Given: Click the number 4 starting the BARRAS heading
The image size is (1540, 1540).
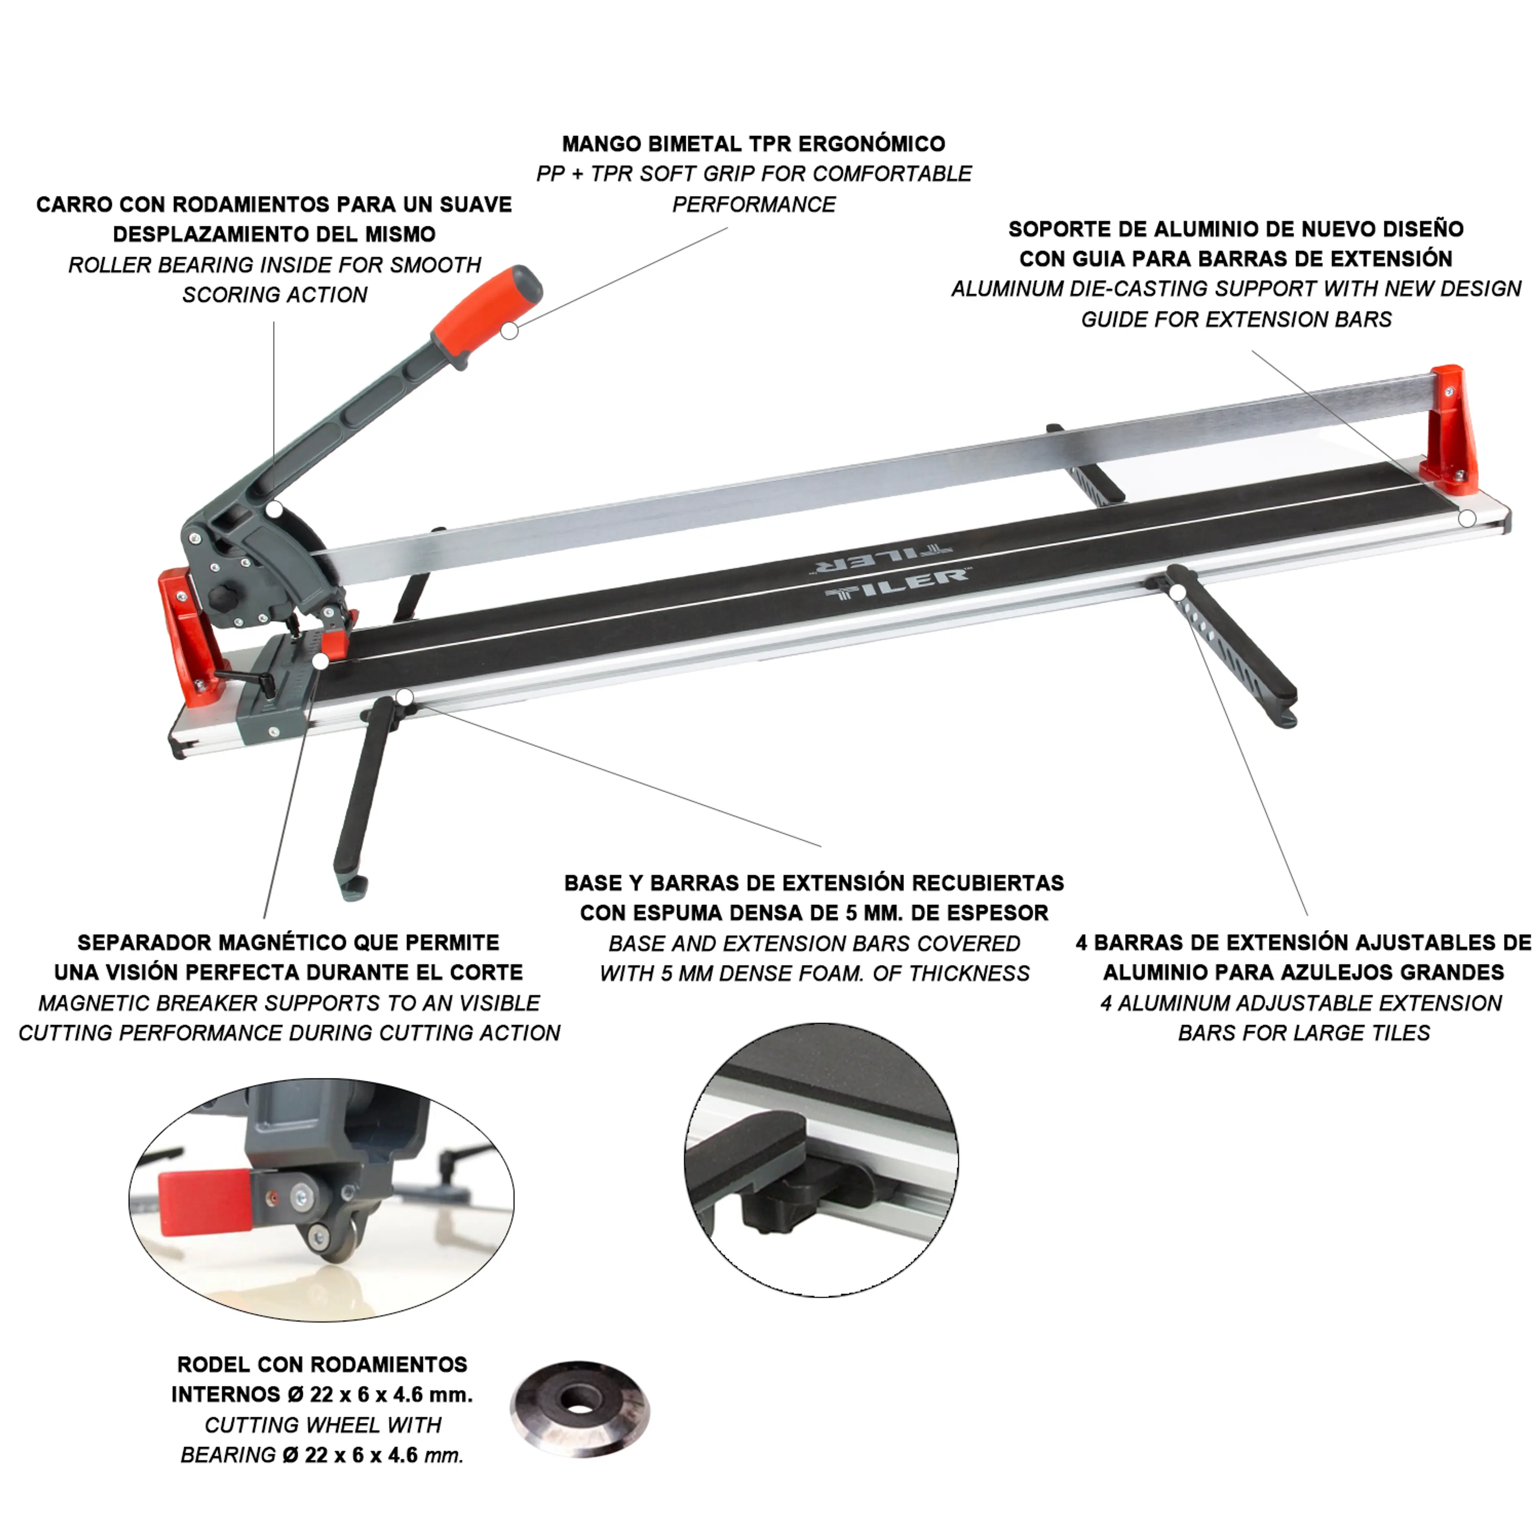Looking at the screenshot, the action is (x=1082, y=943).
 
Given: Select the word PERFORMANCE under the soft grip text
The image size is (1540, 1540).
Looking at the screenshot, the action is (x=754, y=205).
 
